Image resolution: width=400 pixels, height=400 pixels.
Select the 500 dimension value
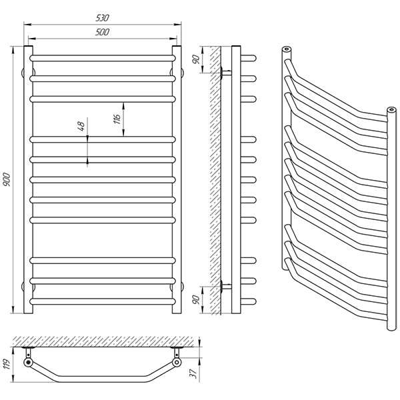(102, 31)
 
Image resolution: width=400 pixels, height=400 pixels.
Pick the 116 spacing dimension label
(117, 119)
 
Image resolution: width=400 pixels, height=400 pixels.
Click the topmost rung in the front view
(102, 59)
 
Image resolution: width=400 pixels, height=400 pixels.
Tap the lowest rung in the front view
(102, 301)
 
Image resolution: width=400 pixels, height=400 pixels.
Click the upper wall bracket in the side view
(225, 71)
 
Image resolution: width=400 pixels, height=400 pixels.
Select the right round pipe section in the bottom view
(177, 363)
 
